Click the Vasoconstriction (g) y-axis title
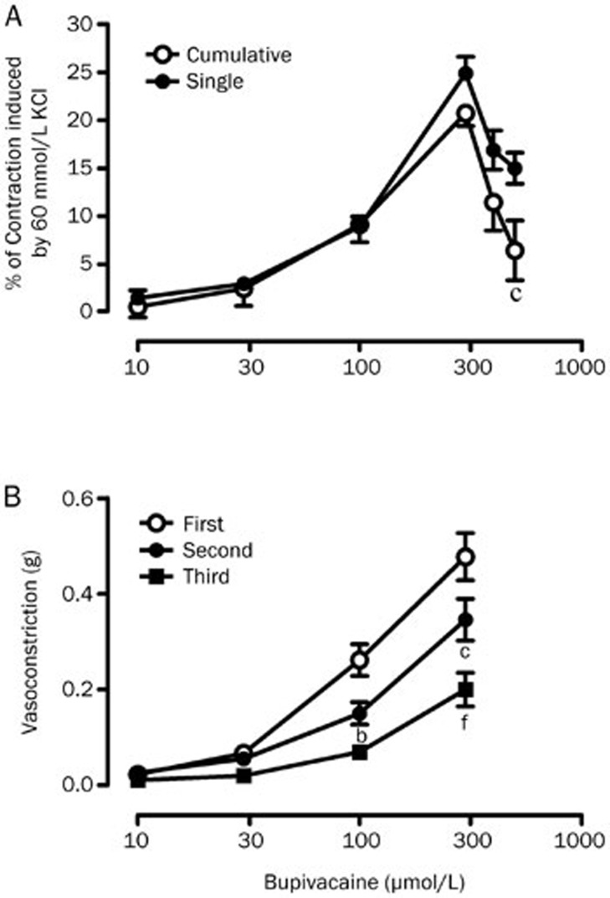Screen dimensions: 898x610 (31, 641)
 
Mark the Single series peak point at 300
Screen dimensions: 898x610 (466, 74)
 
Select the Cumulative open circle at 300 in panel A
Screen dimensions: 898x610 (466, 113)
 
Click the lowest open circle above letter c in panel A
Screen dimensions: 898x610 (515, 250)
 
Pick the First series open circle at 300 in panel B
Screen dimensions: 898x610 (466, 557)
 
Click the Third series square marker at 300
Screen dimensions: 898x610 (466, 690)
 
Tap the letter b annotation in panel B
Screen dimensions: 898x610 (360, 736)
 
